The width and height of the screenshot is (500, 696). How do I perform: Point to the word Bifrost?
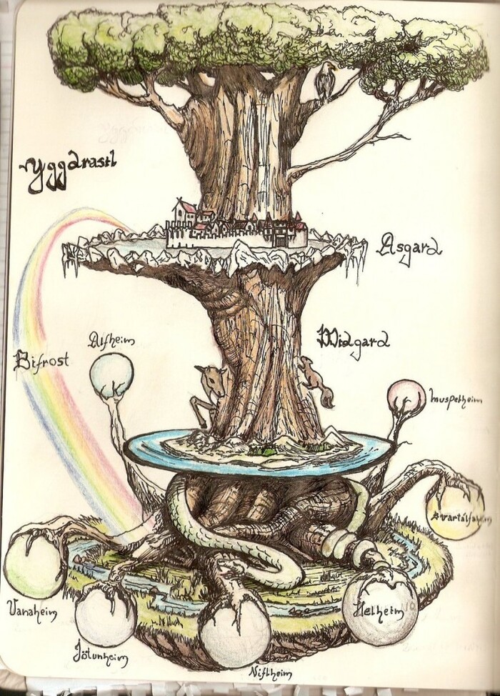41,359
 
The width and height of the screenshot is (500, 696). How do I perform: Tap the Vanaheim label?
31,611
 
